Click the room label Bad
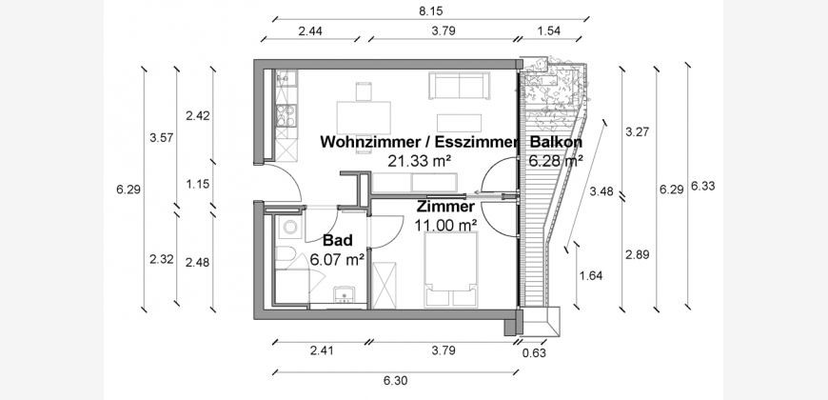coord(338,241)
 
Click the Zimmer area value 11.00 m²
coord(445,225)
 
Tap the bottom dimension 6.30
coord(394,381)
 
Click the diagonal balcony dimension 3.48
coord(601,191)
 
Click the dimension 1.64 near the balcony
coord(590,277)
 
